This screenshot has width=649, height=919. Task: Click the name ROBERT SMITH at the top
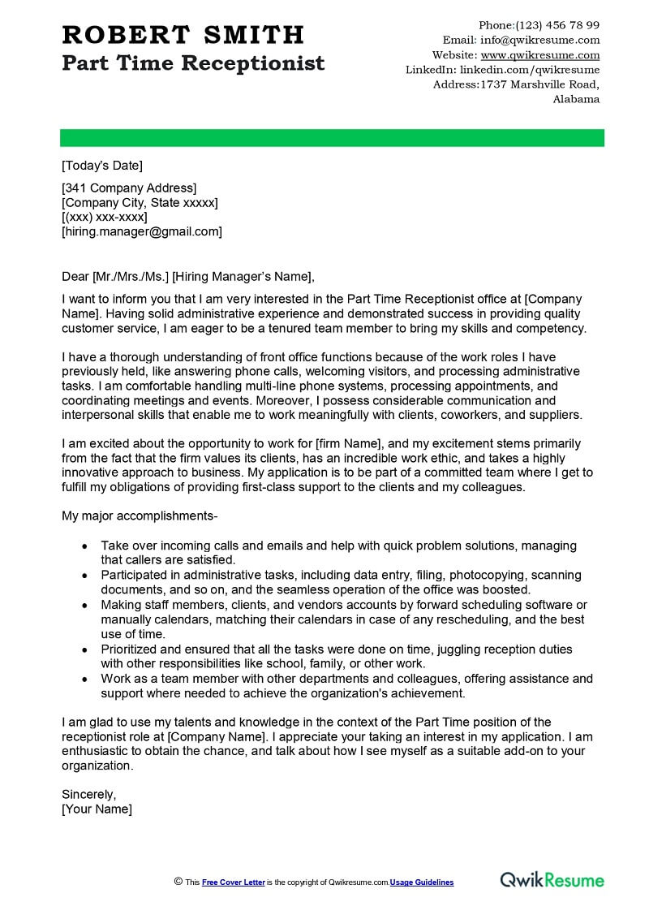click(x=183, y=35)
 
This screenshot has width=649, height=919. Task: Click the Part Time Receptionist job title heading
click(x=193, y=63)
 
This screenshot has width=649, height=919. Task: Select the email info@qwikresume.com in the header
click(x=539, y=40)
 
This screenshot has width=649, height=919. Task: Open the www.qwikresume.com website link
click(x=539, y=55)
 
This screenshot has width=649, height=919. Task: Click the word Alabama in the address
click(x=576, y=99)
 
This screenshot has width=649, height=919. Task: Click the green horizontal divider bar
click(x=332, y=137)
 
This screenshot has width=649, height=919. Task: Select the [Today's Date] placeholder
click(x=102, y=166)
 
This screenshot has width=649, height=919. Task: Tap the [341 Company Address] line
click(x=129, y=188)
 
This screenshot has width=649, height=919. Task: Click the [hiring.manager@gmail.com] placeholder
click(x=142, y=231)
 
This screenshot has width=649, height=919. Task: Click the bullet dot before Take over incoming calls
click(x=84, y=546)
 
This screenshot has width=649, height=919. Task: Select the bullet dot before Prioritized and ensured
click(x=84, y=649)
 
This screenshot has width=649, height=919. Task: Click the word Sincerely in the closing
click(x=89, y=794)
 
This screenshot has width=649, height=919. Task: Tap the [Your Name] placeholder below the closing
click(x=97, y=809)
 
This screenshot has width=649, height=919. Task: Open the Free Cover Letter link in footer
click(x=234, y=882)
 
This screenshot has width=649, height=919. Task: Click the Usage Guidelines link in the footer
click(x=422, y=882)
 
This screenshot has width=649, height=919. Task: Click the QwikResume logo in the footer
click(x=552, y=880)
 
